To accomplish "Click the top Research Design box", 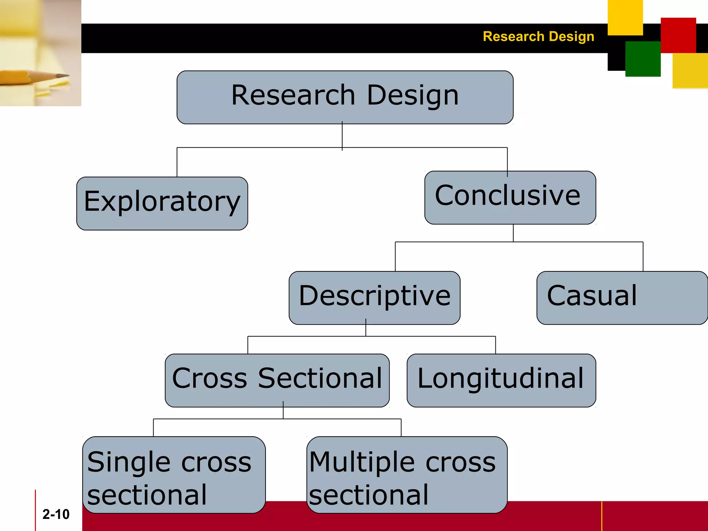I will click(x=345, y=97).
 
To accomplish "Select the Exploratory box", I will click(x=162, y=203).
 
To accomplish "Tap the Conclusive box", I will click(x=510, y=197).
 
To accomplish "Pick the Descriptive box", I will click(x=374, y=298).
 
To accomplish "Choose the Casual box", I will click(x=622, y=298).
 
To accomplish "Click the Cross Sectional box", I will click(x=277, y=380).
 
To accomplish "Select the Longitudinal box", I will click(x=501, y=380).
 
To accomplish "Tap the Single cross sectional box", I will click(x=174, y=475).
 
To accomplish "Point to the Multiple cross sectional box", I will click(x=407, y=475).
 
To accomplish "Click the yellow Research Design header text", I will click(x=538, y=37).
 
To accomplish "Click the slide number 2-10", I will click(x=56, y=514).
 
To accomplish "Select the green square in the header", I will click(x=643, y=59).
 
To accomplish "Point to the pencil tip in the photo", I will click(x=66, y=75).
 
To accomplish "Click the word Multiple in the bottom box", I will click(x=362, y=463).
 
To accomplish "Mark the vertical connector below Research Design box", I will click(x=342, y=136).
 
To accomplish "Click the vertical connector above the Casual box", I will click(x=643, y=257).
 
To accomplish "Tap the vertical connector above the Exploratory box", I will click(x=177, y=162).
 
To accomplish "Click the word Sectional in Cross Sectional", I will click(x=320, y=378).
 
